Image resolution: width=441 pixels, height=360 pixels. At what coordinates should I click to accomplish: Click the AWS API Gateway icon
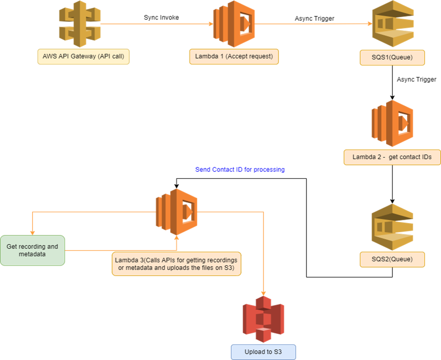[x=80, y=24]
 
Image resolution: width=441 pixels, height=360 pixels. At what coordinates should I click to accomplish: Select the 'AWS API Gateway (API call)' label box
[x=84, y=57]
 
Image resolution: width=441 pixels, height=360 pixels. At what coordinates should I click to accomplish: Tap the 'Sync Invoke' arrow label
[x=161, y=18]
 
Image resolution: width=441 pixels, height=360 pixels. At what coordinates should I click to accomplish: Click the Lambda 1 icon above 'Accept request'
[x=234, y=24]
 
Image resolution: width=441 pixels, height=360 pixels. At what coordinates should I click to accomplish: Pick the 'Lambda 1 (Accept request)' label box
[x=234, y=57]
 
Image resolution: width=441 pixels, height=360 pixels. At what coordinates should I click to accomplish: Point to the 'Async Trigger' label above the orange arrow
[x=314, y=19]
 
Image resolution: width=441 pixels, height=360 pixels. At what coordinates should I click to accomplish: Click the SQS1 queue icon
[x=393, y=24]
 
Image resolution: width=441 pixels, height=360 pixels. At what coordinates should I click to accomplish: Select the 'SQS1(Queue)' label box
[x=392, y=57]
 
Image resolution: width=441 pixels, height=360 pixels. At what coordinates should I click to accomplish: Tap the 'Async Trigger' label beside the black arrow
[x=417, y=80]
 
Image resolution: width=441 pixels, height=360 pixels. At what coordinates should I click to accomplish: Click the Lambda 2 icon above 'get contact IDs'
[x=392, y=123]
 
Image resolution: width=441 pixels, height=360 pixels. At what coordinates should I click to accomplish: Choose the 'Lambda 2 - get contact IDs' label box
[x=392, y=157]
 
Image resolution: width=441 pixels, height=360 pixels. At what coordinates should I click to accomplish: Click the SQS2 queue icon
[x=392, y=227]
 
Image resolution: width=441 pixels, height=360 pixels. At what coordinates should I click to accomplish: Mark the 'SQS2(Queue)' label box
[x=392, y=259]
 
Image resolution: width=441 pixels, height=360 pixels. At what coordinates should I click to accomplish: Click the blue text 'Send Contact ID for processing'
[x=240, y=170]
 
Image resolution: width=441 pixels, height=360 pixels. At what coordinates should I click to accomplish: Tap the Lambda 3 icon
[x=176, y=212]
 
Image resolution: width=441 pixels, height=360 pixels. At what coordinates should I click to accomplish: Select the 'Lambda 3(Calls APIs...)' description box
[x=176, y=264]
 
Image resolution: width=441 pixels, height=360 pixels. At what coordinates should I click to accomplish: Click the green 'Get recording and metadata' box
[x=33, y=250]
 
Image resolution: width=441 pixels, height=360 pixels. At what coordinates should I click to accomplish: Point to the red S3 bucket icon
[x=264, y=319]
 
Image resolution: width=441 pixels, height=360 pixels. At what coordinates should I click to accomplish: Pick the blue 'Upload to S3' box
[x=264, y=352]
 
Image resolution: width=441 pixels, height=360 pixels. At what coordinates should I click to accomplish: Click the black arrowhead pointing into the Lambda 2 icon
[x=392, y=98]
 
